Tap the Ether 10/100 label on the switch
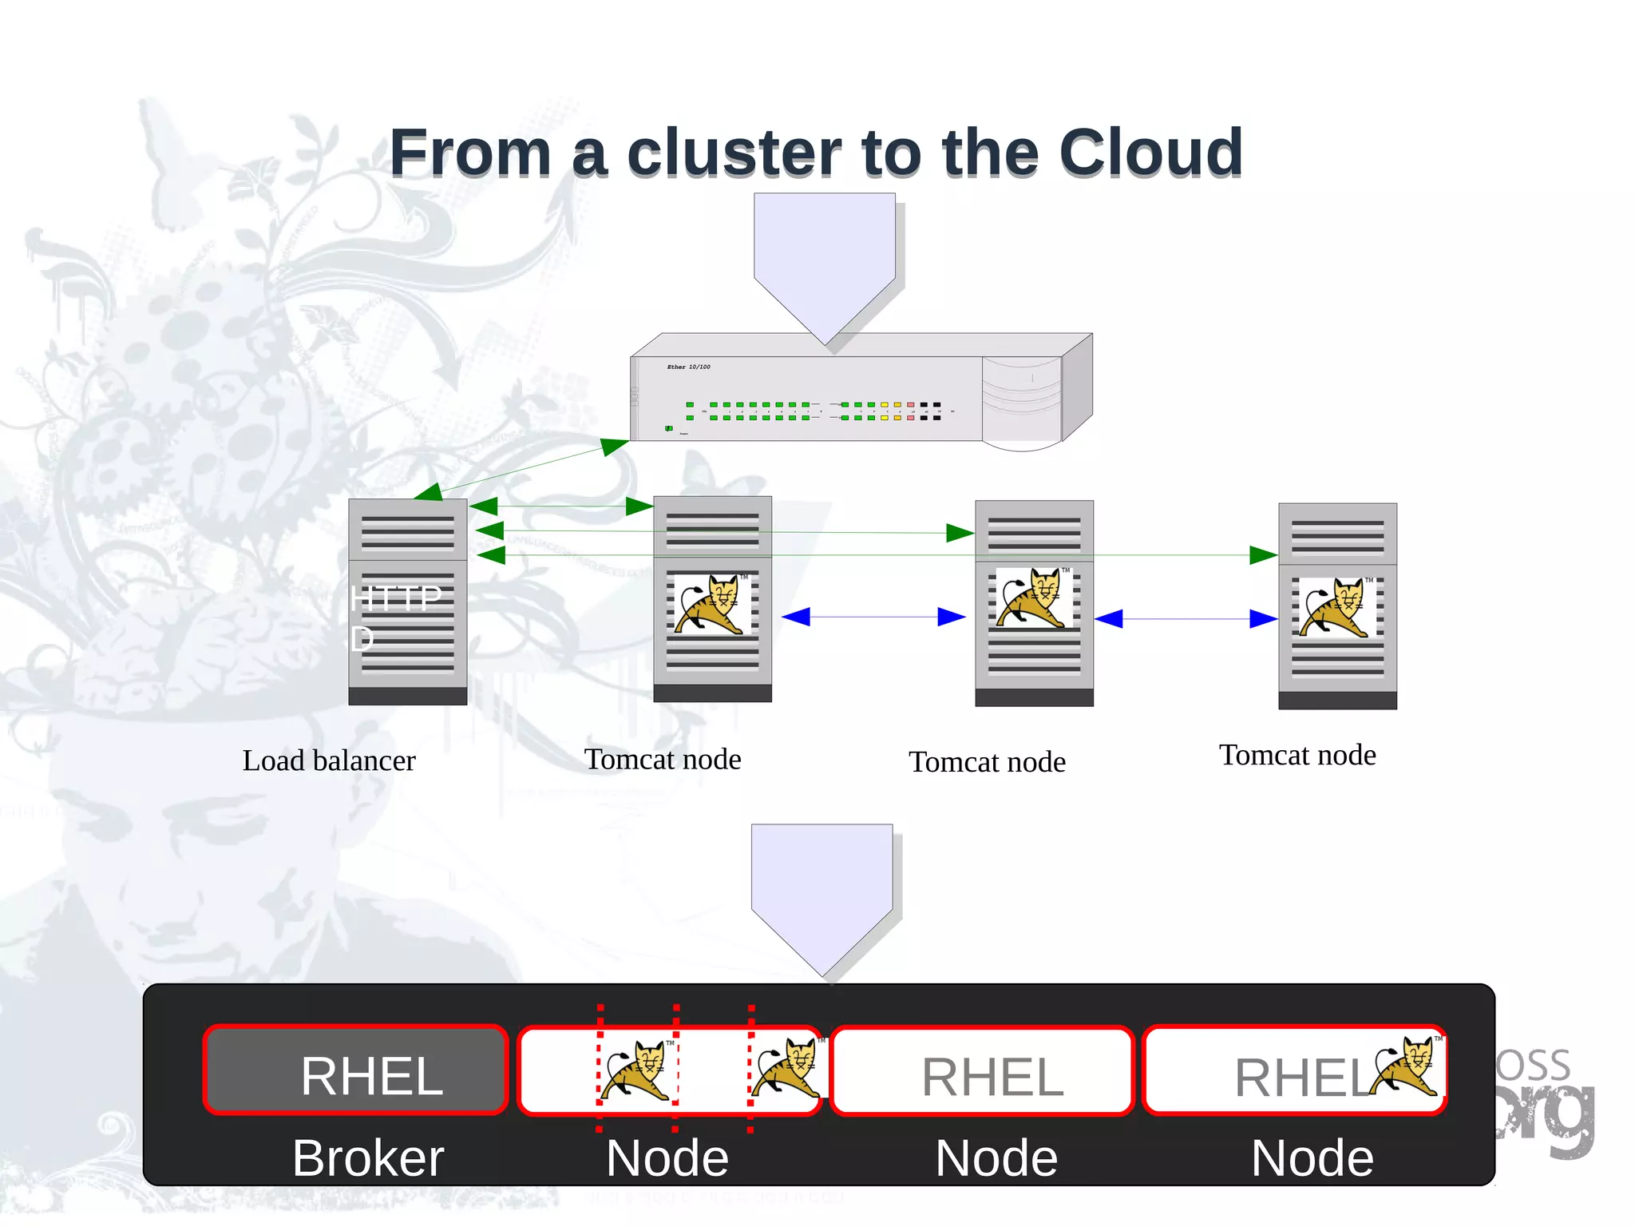688,367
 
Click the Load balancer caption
329,760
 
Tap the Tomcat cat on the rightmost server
1336,607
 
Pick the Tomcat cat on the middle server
1031,598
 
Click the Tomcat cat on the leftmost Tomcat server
711,604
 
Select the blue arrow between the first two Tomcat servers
873,617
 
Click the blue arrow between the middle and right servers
1185,618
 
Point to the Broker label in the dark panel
367,1158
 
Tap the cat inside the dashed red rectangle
637,1070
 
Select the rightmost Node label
1312,1158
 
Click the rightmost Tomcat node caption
1297,755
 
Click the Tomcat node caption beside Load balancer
663,759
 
